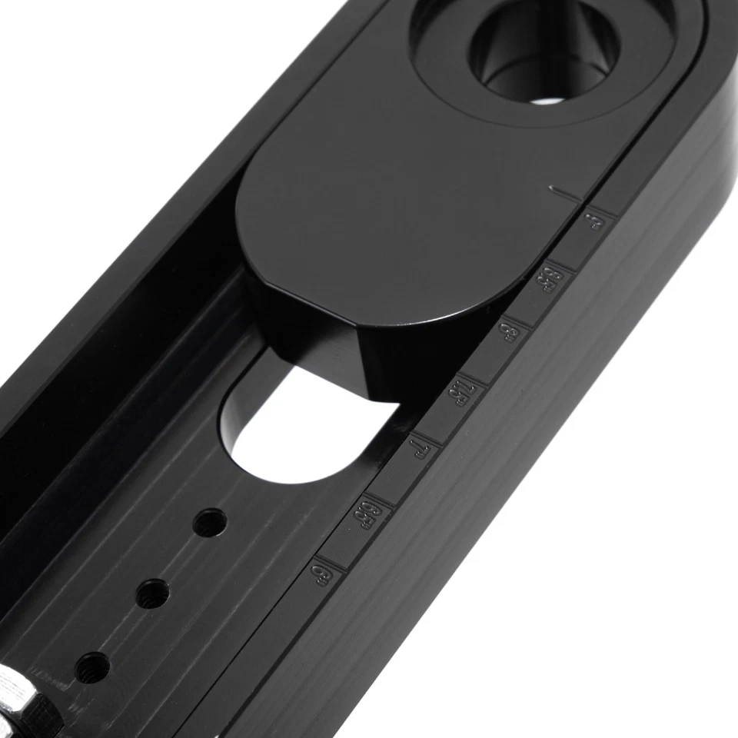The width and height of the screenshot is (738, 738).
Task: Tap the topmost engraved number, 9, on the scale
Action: [x=594, y=224]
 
